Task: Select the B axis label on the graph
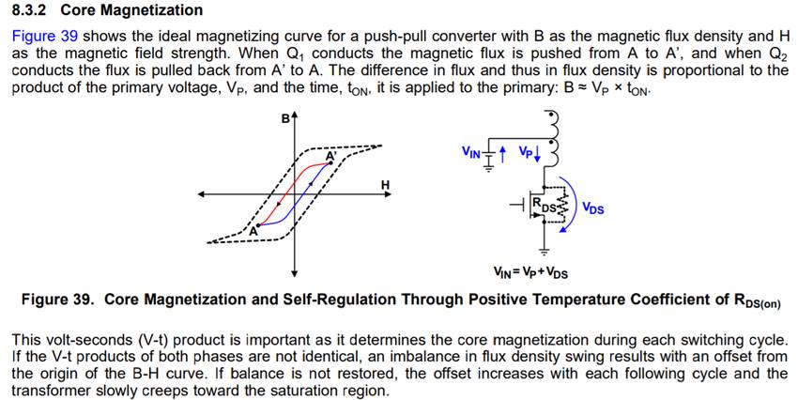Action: (x=284, y=119)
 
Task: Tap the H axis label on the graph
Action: (x=385, y=183)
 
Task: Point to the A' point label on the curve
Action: (x=330, y=156)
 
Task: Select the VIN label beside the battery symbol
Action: (x=471, y=151)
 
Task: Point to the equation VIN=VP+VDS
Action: (x=530, y=273)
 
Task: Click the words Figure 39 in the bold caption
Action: (x=57, y=300)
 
